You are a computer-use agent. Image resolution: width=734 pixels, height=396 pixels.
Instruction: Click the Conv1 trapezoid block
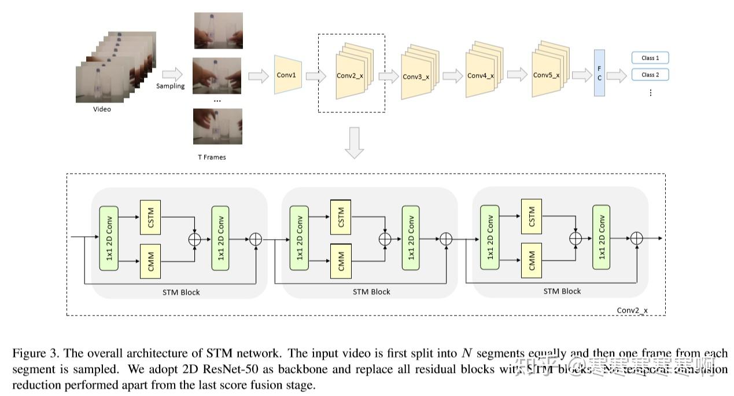(286, 75)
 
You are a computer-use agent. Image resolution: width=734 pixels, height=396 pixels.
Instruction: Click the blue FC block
(598, 74)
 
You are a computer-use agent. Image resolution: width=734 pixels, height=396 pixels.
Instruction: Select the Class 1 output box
(650, 58)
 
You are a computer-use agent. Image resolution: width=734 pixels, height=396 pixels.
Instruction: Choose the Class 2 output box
(650, 75)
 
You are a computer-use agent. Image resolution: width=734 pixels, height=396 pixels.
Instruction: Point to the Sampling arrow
(171, 74)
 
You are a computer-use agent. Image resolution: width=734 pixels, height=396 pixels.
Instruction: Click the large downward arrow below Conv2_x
(354, 143)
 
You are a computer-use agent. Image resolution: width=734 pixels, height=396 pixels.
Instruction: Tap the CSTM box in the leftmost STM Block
(150, 217)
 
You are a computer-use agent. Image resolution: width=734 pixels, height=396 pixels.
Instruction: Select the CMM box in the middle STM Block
(340, 261)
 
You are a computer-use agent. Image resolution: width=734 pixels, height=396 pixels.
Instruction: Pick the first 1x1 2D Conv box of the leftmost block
(109, 237)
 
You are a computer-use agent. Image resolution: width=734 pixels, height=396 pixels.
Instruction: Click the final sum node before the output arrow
(637, 238)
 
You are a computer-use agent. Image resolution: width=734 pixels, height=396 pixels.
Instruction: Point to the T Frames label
(212, 157)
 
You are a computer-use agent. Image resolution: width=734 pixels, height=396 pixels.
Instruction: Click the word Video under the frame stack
(102, 109)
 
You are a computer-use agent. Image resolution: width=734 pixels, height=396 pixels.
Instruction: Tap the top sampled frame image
(217, 31)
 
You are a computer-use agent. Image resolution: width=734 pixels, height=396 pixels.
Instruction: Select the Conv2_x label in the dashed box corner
(632, 310)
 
